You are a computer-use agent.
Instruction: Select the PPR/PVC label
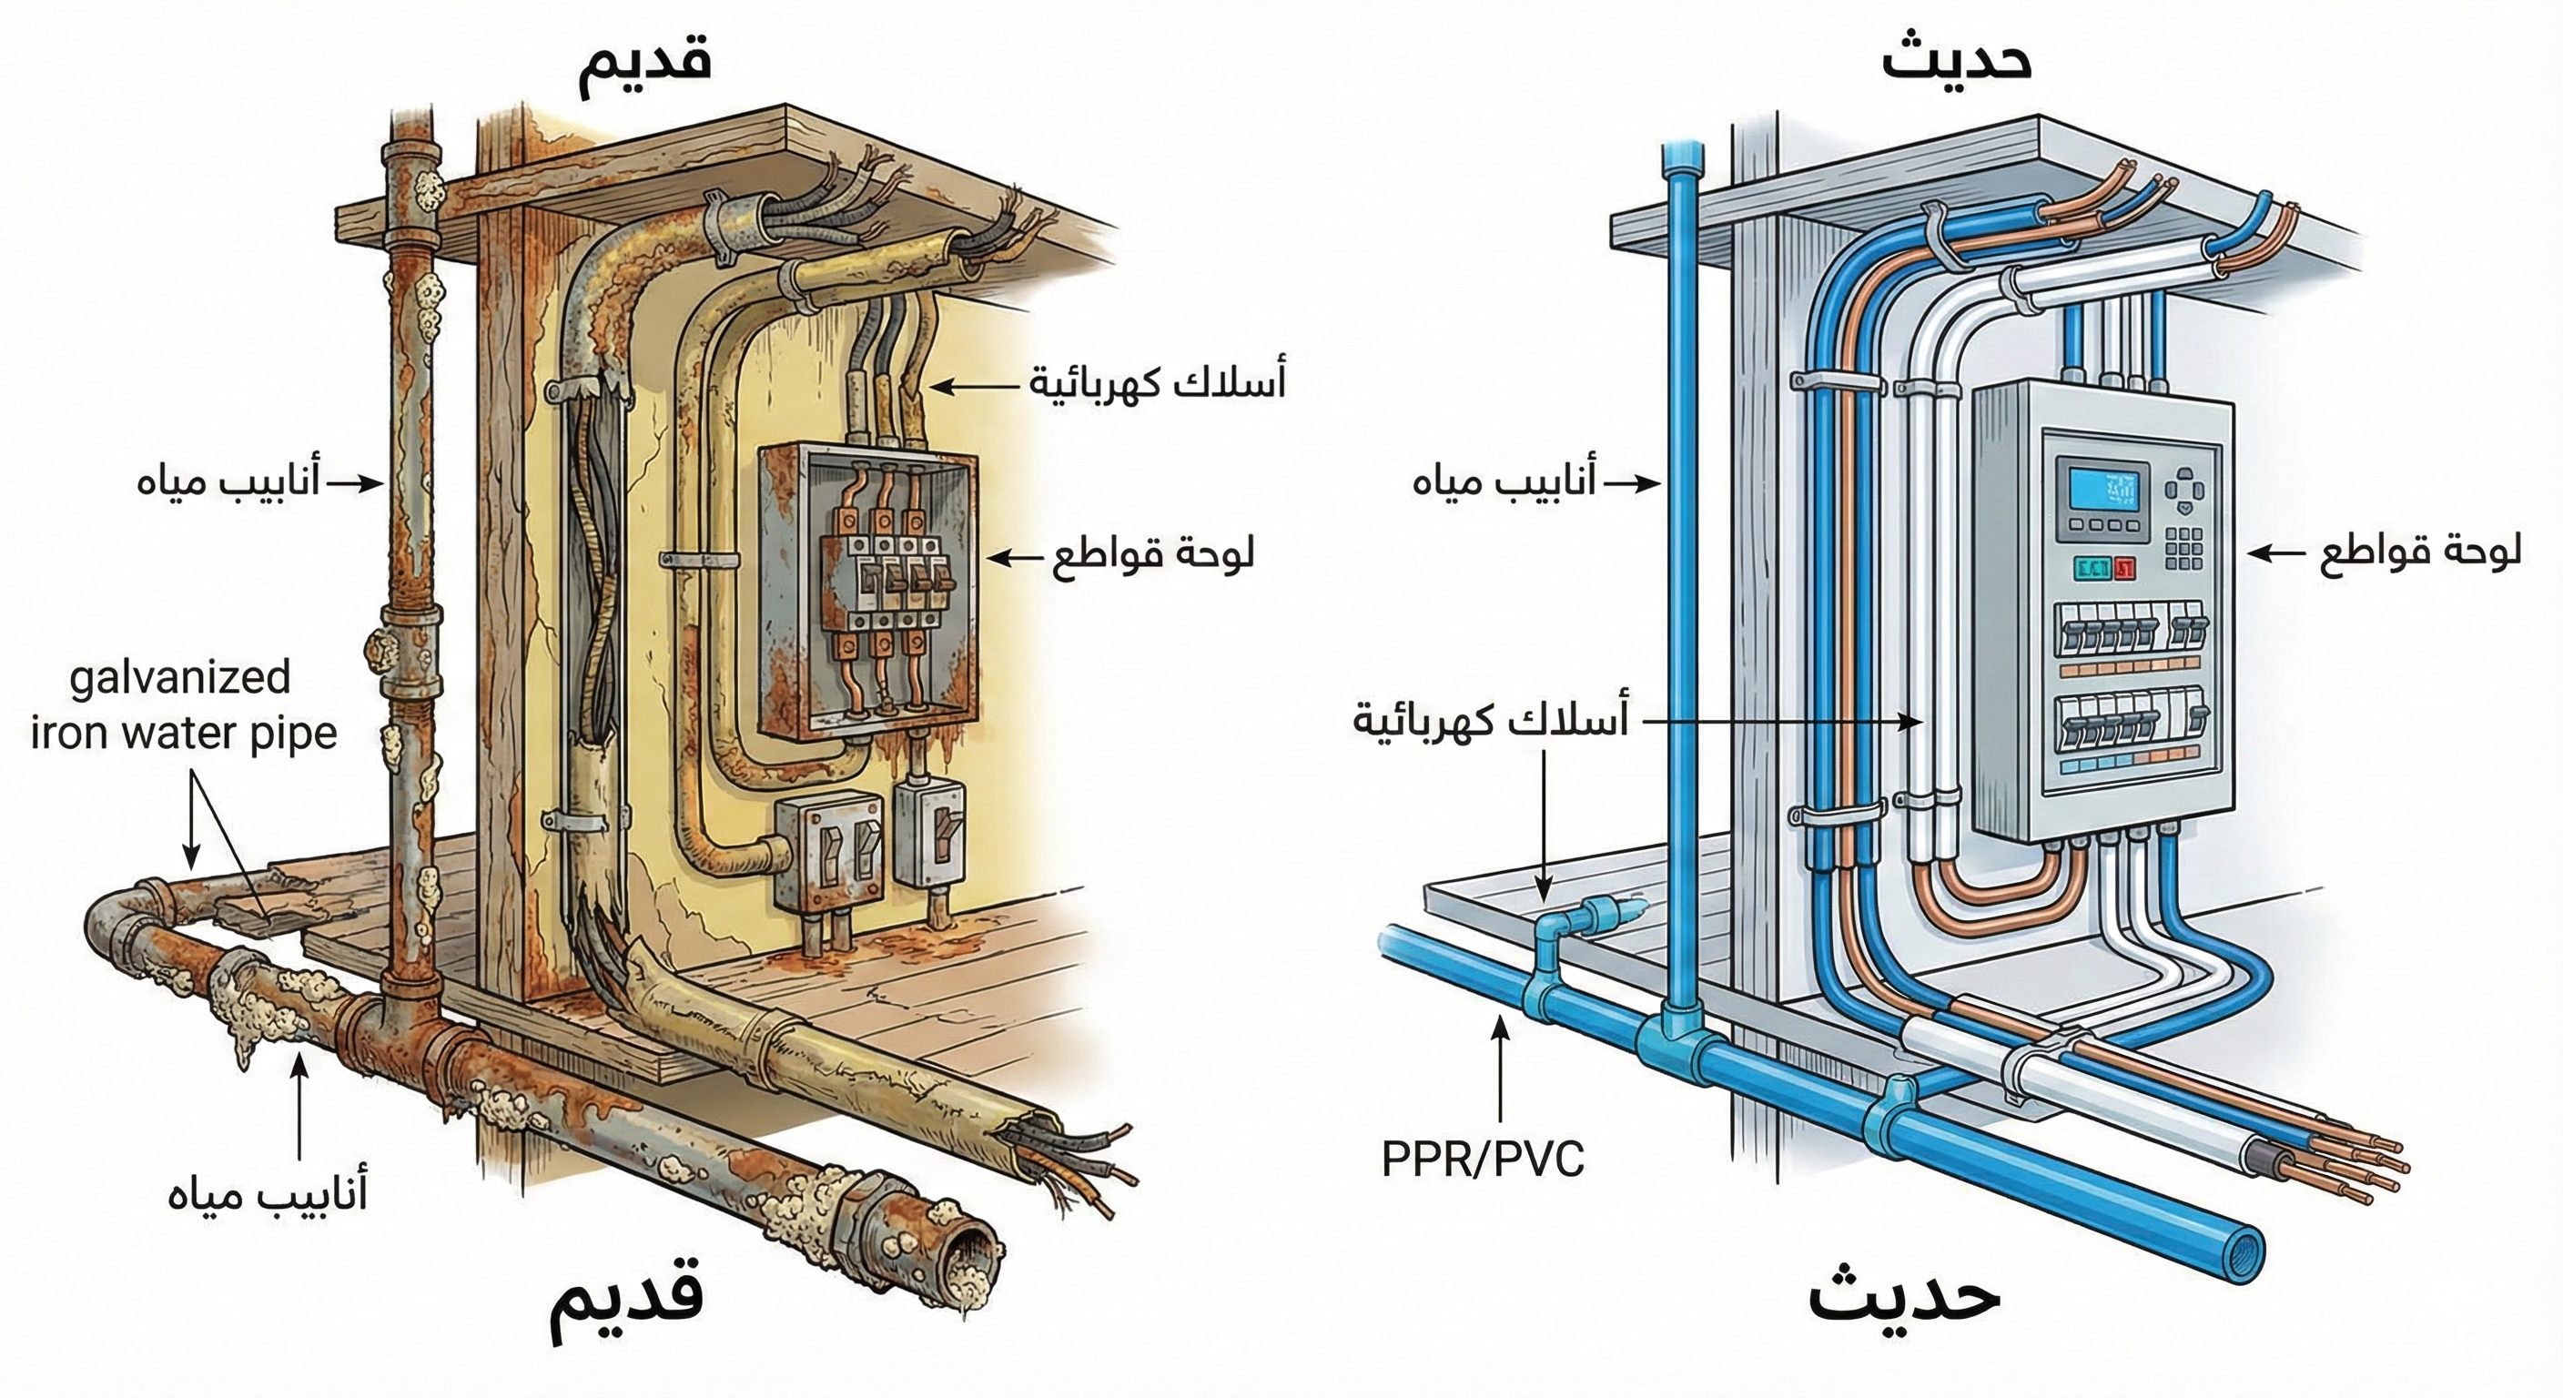(x=1483, y=1160)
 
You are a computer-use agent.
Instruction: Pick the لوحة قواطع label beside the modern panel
(x=2423, y=554)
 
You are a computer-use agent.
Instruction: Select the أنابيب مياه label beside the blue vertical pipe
(x=1504, y=482)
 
